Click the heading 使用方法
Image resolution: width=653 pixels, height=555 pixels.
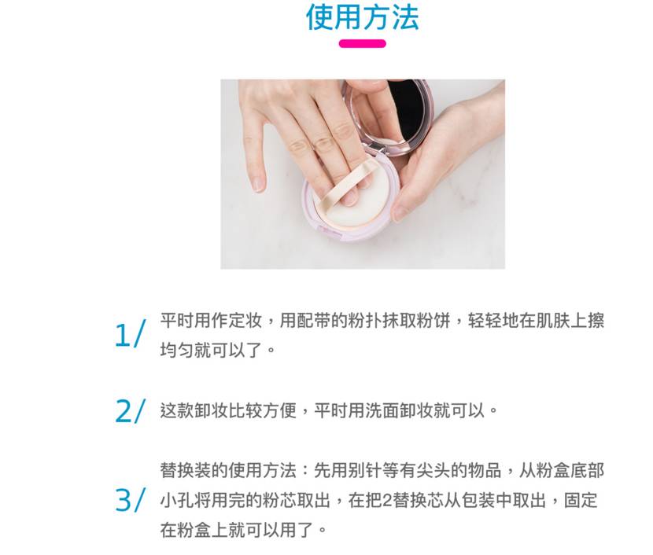(362, 17)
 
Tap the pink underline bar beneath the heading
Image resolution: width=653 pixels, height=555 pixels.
(362, 44)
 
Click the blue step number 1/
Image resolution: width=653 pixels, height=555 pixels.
(130, 335)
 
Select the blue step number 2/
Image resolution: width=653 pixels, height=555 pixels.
(130, 410)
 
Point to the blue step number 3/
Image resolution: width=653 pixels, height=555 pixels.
(130, 500)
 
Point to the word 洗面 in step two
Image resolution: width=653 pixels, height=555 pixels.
(384, 410)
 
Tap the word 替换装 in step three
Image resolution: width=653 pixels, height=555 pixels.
(186, 471)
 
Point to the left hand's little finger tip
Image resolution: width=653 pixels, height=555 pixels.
(257, 186)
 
